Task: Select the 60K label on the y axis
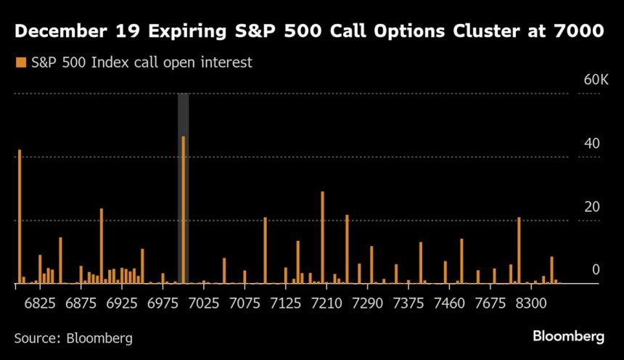coord(596,79)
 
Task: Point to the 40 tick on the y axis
coord(592,143)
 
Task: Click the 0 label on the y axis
coord(596,269)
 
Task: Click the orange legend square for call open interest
coord(20,62)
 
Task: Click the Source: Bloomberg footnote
coord(73,337)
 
